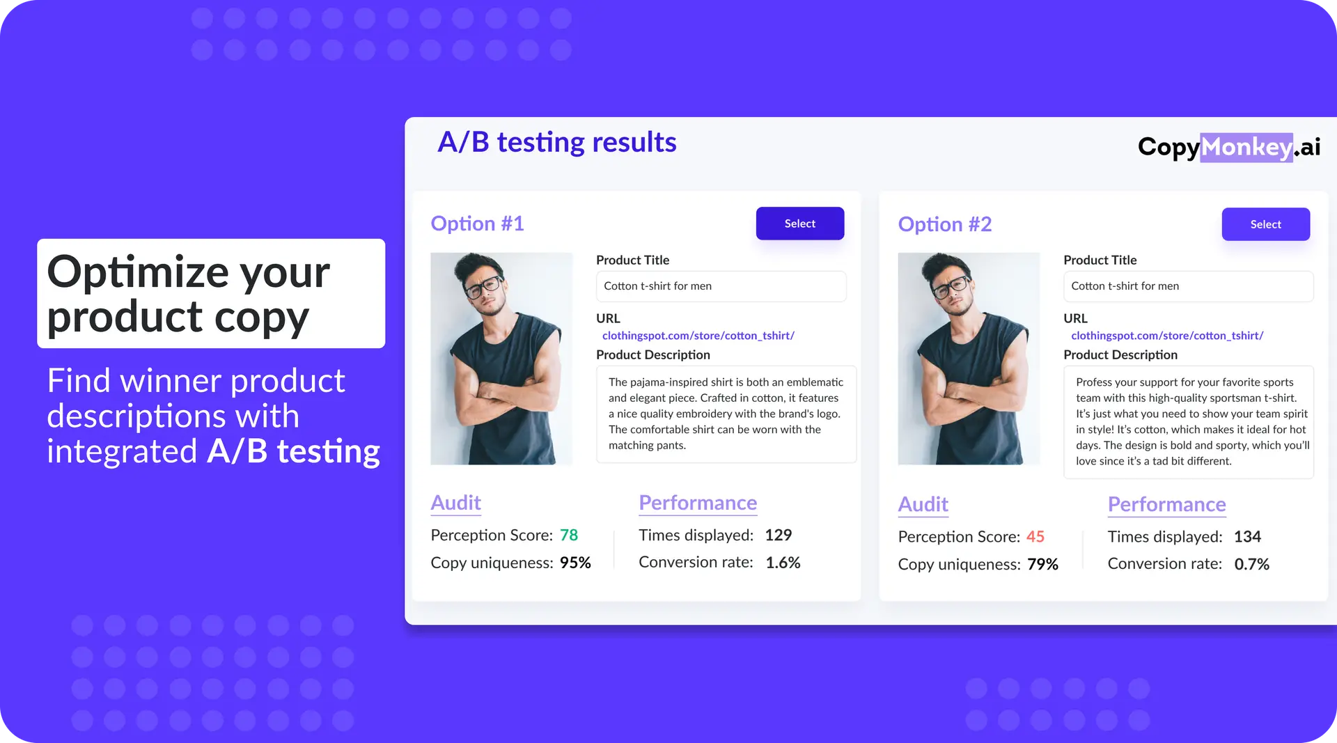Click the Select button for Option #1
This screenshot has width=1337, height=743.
point(799,224)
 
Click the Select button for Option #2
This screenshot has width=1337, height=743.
point(1265,224)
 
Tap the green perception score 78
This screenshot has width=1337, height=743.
point(569,535)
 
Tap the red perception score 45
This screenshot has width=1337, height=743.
point(1035,536)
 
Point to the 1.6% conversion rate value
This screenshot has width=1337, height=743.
point(783,562)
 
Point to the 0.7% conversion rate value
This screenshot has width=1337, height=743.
point(1252,564)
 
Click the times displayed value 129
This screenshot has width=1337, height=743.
point(779,535)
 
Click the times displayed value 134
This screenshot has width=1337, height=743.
point(1247,536)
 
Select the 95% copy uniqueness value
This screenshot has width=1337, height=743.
point(575,563)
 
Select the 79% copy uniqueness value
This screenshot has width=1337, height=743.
point(1042,564)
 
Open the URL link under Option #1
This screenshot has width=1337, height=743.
point(698,336)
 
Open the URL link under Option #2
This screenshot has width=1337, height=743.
point(1167,336)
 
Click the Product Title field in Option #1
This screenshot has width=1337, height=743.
point(721,286)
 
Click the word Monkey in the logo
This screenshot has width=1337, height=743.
point(1246,147)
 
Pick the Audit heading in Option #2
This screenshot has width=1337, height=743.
point(923,504)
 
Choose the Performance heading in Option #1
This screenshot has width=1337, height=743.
point(698,503)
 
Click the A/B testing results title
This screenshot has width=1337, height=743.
point(557,142)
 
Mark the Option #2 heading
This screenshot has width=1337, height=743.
point(945,224)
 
